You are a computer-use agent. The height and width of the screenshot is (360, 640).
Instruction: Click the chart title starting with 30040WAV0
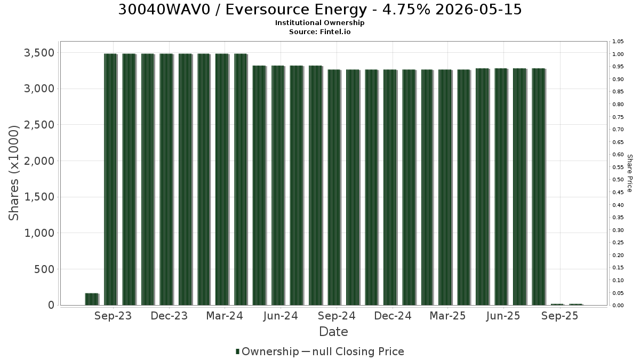pos(320,10)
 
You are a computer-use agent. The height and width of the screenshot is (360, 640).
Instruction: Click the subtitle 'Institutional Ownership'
pos(319,23)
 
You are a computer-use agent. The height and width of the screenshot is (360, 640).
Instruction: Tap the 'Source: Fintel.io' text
pos(319,31)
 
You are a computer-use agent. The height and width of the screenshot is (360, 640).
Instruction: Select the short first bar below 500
pos(92,299)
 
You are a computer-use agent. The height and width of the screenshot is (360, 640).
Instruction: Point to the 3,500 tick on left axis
pos(39,53)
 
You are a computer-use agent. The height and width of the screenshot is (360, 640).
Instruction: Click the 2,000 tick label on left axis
pos(39,161)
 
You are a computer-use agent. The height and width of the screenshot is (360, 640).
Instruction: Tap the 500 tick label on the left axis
pos(44,269)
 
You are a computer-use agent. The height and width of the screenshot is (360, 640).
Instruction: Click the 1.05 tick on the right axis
pos(618,42)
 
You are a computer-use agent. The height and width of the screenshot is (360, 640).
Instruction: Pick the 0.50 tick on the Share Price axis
pos(618,180)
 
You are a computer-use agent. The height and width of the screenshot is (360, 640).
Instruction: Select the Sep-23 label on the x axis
pos(113,316)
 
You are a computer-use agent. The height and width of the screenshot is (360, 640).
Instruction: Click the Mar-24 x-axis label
pos(225,316)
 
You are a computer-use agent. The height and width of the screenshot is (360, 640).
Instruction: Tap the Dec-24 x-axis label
pos(393,316)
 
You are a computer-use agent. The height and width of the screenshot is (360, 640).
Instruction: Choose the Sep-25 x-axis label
pos(559,316)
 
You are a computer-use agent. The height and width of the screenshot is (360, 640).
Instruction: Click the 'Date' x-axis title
pos(333,332)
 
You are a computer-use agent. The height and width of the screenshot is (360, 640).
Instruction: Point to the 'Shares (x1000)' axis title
pos(13,173)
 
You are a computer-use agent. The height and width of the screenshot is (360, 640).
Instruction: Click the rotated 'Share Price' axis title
pos(629,173)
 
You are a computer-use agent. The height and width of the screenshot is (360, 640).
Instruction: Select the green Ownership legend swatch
pos(237,351)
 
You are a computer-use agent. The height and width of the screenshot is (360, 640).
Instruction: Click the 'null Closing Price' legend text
pos(358,351)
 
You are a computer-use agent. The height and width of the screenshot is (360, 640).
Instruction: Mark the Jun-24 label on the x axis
pos(281,316)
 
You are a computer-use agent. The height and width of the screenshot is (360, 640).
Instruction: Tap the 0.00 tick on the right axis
pos(618,306)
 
